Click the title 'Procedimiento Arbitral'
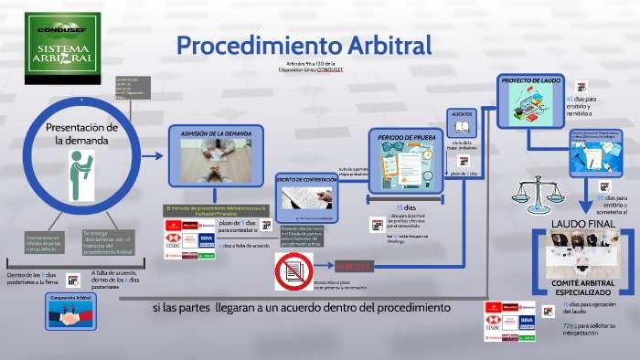pos(304,45)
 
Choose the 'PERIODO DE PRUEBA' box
pos(405,161)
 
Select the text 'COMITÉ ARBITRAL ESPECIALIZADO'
pos(582,287)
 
